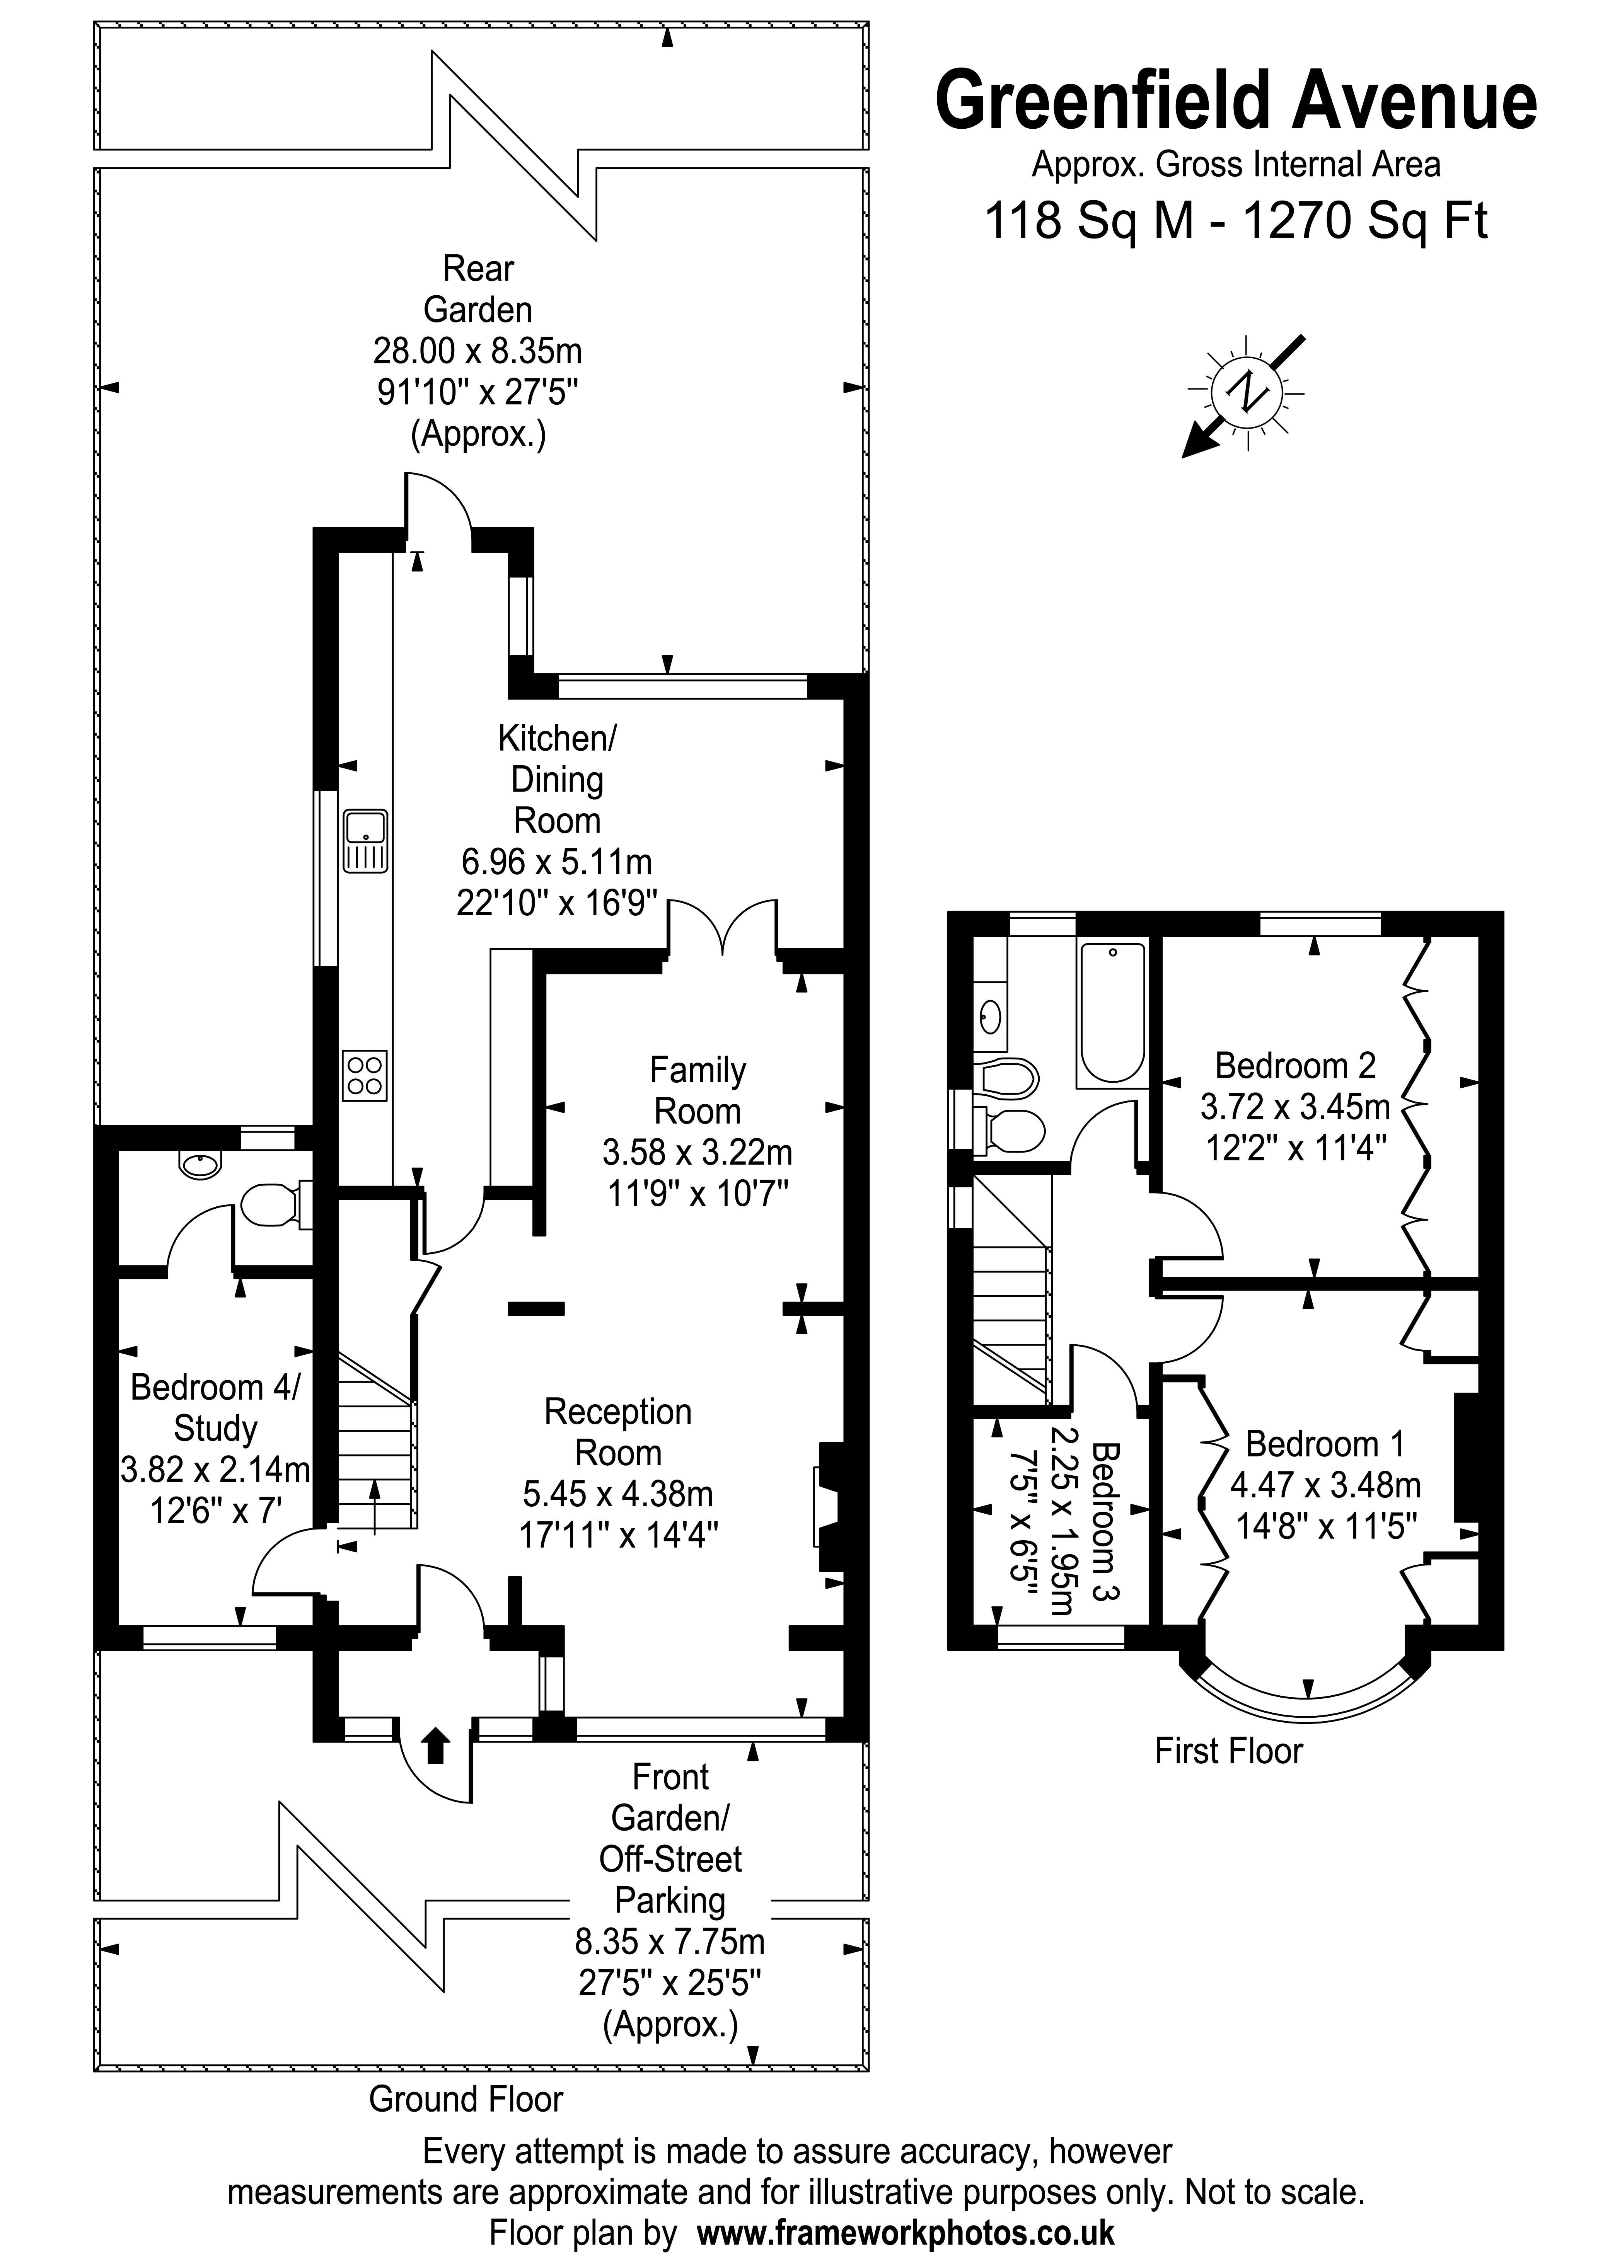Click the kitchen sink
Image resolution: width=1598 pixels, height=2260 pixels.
click(x=365, y=841)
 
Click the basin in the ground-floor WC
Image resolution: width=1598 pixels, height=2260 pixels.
click(x=200, y=1165)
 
